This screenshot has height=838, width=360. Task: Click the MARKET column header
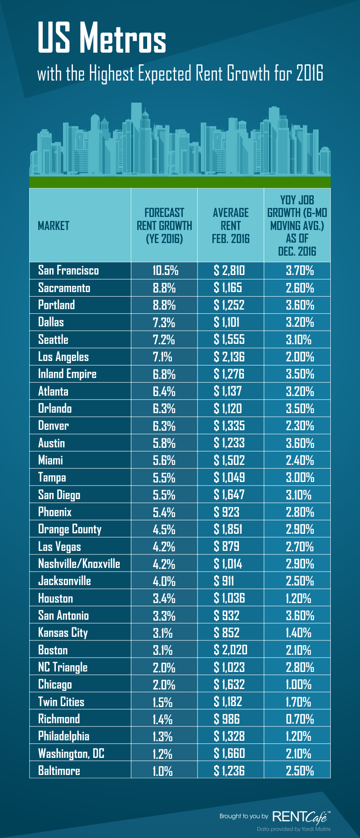tap(54, 225)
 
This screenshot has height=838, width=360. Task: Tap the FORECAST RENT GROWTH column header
tap(164, 225)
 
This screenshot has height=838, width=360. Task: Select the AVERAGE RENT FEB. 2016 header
tap(230, 225)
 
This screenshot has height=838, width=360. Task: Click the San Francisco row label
tap(68, 270)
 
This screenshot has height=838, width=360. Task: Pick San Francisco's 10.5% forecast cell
tap(165, 270)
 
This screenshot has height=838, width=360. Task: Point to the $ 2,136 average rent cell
tap(229, 357)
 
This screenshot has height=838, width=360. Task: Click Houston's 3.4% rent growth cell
tap(164, 599)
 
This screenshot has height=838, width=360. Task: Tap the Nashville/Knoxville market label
tap(79, 564)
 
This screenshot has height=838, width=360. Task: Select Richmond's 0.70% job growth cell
tap(300, 719)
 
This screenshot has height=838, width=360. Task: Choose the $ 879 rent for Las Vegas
tap(226, 547)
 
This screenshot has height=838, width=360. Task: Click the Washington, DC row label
tap(71, 754)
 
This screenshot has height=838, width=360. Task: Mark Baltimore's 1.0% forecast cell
tap(162, 771)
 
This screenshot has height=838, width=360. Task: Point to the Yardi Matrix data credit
tap(293, 829)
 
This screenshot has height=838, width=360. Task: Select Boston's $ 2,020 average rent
tap(230, 650)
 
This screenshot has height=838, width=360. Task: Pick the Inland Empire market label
tap(67, 374)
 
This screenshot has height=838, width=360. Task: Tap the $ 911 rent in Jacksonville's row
tap(224, 581)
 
